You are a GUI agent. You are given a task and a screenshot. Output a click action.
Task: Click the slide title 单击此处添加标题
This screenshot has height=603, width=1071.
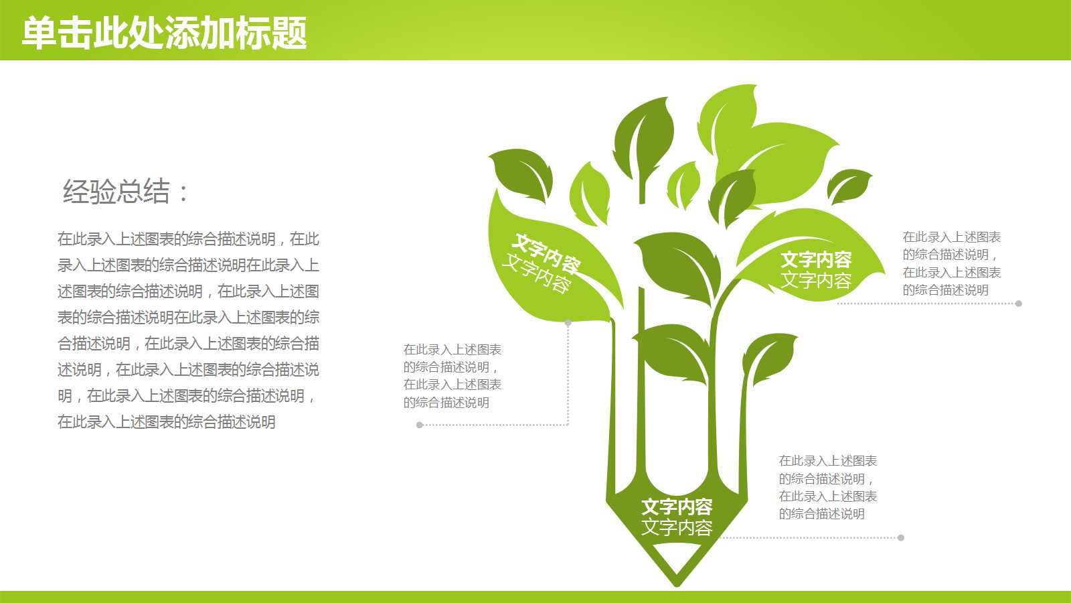pyautogui.click(x=164, y=32)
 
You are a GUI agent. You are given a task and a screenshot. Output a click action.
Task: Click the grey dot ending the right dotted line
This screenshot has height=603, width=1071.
pyautogui.click(x=1018, y=304)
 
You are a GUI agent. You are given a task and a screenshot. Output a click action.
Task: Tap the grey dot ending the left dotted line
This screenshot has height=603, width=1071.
pyautogui.click(x=420, y=425)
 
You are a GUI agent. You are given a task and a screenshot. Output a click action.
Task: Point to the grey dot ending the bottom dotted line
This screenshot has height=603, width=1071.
pyautogui.click(x=901, y=537)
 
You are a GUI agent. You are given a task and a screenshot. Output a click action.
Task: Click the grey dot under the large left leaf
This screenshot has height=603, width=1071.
pyautogui.click(x=568, y=323)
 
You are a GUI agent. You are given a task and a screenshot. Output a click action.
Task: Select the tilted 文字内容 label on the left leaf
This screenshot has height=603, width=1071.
pyautogui.click(x=541, y=263)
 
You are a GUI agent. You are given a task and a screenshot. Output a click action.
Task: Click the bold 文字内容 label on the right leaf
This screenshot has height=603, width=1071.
pyautogui.click(x=816, y=260)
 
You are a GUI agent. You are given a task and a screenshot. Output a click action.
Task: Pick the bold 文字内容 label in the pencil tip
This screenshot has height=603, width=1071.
pyautogui.click(x=677, y=507)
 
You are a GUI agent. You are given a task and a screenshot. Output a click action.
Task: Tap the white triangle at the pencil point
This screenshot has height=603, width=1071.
pyautogui.click(x=677, y=556)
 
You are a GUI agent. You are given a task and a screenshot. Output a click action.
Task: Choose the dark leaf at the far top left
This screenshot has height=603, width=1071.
pyautogui.click(x=522, y=172)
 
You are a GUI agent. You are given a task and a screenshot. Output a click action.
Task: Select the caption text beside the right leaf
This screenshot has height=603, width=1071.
pyautogui.click(x=951, y=263)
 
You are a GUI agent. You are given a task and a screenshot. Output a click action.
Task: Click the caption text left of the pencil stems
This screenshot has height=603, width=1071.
pyautogui.click(x=452, y=376)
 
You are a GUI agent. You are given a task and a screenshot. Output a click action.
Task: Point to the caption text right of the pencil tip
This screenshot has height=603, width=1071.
pyautogui.click(x=827, y=487)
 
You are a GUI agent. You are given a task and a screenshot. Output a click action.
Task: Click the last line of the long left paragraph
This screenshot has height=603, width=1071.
pyautogui.click(x=167, y=422)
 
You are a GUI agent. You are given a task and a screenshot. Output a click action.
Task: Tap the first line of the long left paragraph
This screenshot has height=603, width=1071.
pyautogui.click(x=188, y=239)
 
